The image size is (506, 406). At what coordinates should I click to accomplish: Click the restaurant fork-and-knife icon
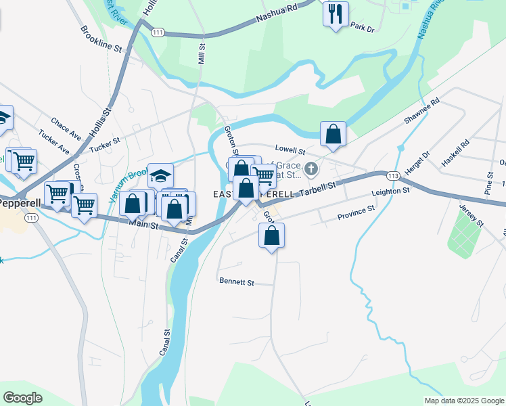336,14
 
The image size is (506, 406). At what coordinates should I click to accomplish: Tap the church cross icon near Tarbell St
311,168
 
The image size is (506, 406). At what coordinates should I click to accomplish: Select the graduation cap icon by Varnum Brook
160,176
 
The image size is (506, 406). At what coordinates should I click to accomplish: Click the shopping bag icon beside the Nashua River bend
333,133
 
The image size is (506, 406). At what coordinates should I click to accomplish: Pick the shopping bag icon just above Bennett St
271,235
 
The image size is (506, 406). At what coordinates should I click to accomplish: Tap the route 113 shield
393,175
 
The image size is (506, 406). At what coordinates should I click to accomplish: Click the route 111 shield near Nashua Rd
158,32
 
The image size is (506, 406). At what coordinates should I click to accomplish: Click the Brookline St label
101,40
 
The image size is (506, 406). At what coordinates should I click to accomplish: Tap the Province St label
356,214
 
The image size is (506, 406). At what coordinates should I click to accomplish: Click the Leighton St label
391,193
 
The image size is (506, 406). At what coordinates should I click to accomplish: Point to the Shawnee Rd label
421,111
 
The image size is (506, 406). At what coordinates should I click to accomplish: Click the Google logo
23,398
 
